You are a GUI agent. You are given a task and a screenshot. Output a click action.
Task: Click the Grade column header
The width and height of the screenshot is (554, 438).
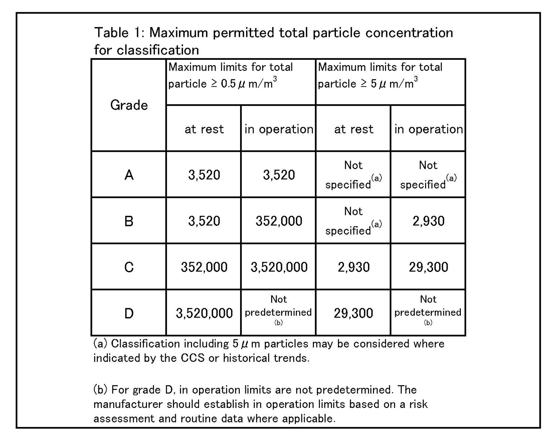point(129,105)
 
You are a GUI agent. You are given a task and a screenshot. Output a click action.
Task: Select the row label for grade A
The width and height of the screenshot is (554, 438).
point(129,174)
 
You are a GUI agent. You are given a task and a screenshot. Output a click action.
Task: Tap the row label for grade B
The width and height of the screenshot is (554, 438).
point(129,221)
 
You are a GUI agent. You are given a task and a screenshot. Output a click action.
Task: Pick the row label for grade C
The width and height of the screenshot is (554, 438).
point(129,267)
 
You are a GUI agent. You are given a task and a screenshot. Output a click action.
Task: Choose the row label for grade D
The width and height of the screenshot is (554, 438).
point(129,313)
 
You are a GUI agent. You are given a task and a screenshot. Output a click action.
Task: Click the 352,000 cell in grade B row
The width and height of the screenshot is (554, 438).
point(279,221)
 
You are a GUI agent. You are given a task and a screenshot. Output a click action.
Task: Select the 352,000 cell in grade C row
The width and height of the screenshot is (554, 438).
point(204,267)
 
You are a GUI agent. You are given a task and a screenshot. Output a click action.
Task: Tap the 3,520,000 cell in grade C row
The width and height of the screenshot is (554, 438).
point(279,267)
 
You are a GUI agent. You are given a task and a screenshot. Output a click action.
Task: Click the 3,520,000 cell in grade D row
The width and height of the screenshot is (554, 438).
point(204,313)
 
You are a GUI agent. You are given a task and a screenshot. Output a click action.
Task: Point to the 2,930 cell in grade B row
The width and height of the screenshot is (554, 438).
point(428,221)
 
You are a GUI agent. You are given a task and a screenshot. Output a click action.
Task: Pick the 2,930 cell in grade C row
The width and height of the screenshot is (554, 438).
point(353,267)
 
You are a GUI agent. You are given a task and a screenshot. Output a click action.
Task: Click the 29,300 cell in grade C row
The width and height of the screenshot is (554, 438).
point(428,267)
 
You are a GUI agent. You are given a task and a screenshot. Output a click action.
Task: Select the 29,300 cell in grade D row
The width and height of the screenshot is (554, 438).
point(353,313)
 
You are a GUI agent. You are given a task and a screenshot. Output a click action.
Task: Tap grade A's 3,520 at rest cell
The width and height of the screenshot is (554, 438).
point(204,174)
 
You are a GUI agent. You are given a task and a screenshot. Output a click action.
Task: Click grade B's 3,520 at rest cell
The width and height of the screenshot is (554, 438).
point(204,221)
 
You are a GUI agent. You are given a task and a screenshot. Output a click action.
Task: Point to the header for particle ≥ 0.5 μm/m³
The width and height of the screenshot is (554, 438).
point(231,75)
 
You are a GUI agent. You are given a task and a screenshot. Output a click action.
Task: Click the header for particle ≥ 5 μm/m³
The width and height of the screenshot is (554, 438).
point(380,75)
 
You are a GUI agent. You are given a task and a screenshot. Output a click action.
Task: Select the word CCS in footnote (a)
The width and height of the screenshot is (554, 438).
point(192,358)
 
